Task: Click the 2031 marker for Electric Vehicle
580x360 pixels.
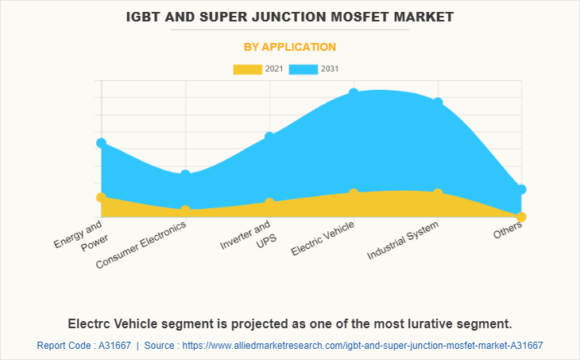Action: click(x=354, y=94)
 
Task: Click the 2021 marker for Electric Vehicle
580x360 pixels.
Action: click(x=354, y=194)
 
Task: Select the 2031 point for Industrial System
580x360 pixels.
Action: click(x=438, y=103)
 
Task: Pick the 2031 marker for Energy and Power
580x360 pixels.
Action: click(x=101, y=143)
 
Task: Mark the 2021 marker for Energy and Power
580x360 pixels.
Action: click(x=101, y=197)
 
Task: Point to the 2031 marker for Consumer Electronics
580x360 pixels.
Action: click(x=185, y=174)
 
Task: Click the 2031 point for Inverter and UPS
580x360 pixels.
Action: click(x=269, y=137)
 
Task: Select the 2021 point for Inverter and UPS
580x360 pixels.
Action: click(x=269, y=203)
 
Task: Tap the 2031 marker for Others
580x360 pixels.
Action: click(x=521, y=189)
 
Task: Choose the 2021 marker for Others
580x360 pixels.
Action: click(x=521, y=217)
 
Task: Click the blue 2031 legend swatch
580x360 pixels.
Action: click(x=303, y=69)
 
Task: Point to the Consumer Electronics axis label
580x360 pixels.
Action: click(x=141, y=244)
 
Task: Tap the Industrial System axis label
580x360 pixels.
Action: click(x=403, y=241)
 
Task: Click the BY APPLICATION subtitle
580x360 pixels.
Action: click(x=289, y=47)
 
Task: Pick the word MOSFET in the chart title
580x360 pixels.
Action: click(x=358, y=16)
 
